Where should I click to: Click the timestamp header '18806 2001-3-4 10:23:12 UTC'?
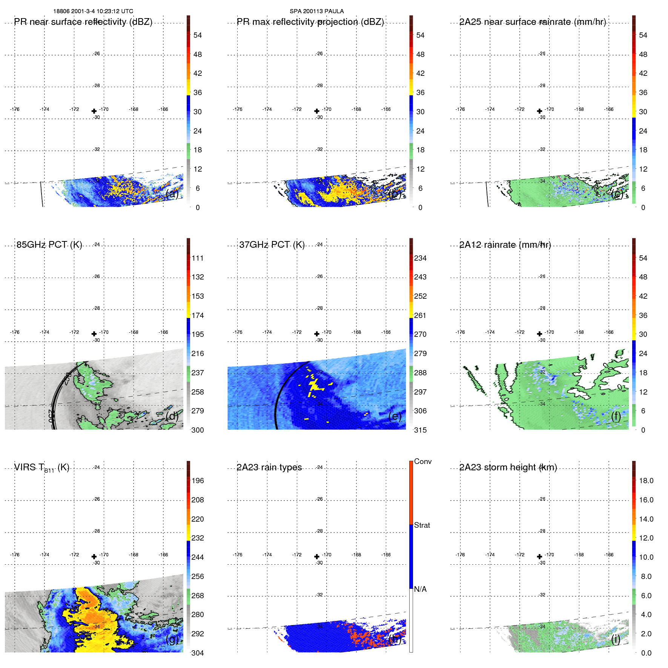[x=93, y=11]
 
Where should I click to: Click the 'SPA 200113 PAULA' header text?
[x=316, y=11]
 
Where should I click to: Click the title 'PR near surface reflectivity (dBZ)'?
[x=83, y=22]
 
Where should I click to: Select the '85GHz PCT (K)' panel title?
[x=49, y=245]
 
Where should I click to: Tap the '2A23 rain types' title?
[x=269, y=467]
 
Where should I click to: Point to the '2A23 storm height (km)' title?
[x=508, y=467]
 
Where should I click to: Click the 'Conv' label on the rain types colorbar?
[x=422, y=461]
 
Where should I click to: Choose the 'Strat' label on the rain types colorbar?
[x=422, y=525]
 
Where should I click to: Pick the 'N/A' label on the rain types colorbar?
[x=420, y=589]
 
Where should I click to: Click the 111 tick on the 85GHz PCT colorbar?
[x=197, y=258]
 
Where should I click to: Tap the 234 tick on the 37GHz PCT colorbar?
[x=420, y=258]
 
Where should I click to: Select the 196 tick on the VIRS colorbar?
[x=197, y=481]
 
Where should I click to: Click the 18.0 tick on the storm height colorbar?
[x=646, y=481]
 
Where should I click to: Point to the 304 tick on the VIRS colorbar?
[x=197, y=653]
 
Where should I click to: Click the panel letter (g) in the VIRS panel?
[x=172, y=639]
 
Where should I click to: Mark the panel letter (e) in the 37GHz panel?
[x=395, y=416]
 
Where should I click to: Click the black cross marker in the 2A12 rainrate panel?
[x=539, y=334]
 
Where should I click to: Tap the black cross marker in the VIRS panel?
[x=94, y=556]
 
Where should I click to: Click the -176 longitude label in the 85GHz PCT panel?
[x=15, y=332]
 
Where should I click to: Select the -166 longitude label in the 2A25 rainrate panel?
[x=608, y=109]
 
